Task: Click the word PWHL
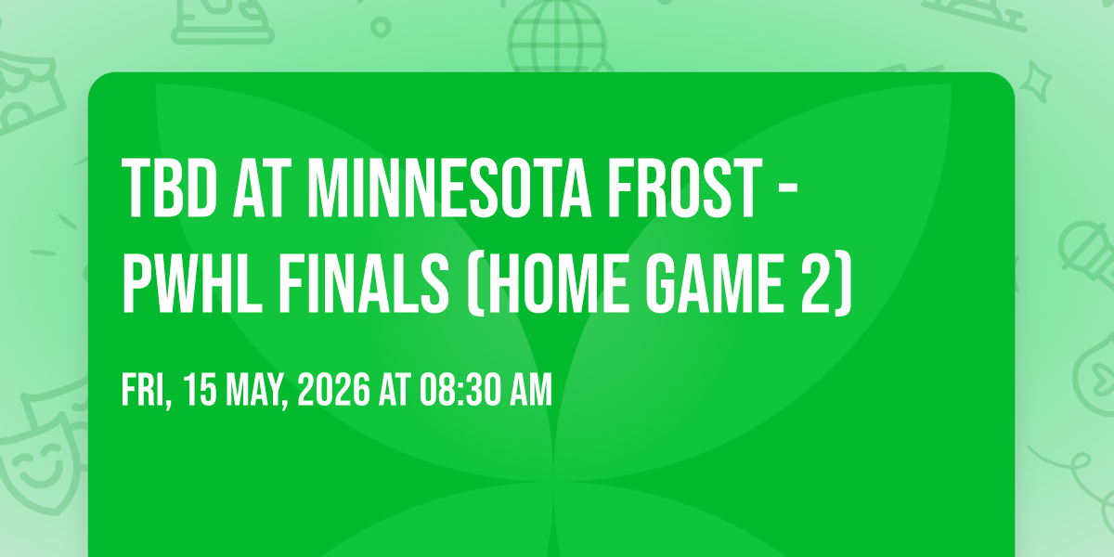click(x=192, y=283)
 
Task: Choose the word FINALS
click(x=364, y=283)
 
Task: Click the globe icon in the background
click(x=557, y=36)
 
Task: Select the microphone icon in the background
click(x=1089, y=254)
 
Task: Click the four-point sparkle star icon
click(x=1035, y=82)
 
